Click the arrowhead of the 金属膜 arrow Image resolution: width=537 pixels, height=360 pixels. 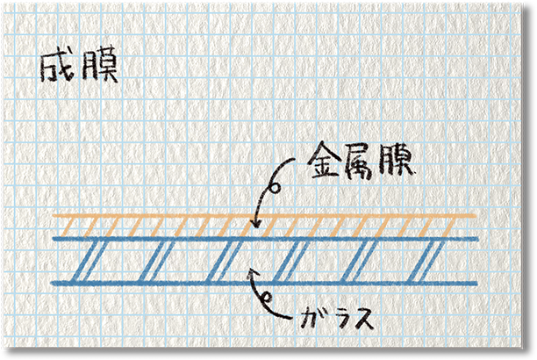(254, 226)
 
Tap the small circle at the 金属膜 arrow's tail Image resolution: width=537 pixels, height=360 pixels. (275, 186)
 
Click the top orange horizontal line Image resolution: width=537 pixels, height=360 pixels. (263, 216)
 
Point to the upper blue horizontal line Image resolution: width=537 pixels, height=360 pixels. (263, 238)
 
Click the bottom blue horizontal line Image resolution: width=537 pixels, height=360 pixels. (263, 283)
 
